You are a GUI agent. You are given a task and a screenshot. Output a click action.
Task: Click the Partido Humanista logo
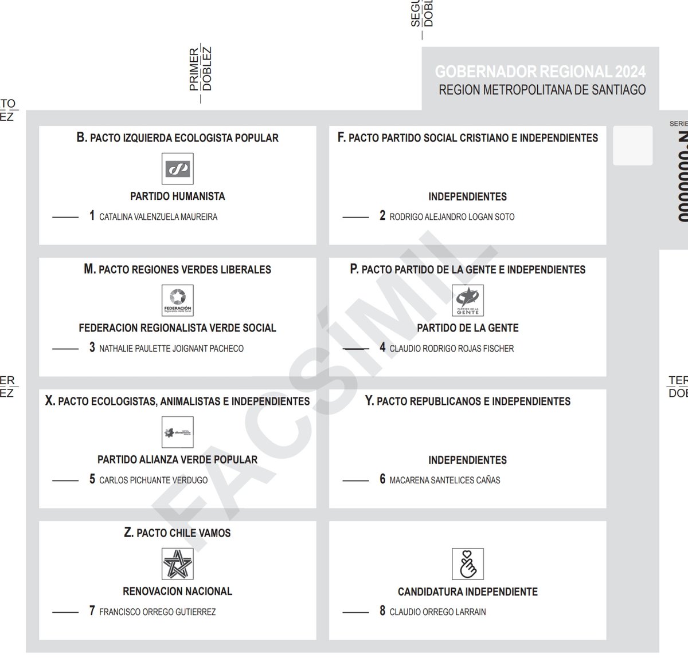178,168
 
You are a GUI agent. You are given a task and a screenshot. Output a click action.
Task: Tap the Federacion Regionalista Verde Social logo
178,300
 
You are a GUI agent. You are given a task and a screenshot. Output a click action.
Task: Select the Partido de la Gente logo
468,300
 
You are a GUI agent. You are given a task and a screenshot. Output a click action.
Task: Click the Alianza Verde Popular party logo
178,432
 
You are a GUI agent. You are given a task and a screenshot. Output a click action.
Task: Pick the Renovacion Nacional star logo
178,564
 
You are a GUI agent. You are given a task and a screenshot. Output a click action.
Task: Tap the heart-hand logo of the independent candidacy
468,564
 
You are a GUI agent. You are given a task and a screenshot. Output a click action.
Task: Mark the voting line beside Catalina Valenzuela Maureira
65,217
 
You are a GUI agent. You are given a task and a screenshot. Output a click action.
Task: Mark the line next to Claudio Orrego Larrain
355,612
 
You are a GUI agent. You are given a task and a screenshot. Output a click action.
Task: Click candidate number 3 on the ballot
92,348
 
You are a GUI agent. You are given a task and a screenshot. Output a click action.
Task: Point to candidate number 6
382,479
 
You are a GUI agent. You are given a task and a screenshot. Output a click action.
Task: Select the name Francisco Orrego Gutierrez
158,612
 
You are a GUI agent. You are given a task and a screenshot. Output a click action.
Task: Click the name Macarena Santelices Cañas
445,480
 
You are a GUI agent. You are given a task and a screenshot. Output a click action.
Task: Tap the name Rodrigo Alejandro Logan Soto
452,216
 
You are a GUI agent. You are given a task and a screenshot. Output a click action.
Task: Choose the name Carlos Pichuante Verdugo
154,480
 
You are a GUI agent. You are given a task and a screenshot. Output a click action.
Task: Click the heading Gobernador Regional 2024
540,72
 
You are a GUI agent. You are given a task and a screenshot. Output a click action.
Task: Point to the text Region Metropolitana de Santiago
542,90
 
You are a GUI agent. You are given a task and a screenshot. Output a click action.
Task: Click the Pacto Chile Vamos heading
177,533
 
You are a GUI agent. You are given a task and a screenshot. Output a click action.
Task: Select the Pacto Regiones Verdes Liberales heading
177,269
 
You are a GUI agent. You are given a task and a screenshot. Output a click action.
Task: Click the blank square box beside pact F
633,145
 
